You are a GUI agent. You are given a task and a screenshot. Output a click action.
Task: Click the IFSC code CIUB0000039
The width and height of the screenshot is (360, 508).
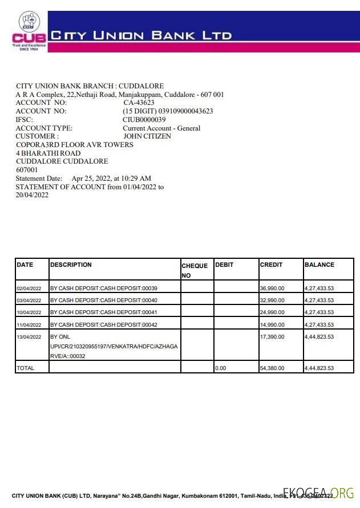coord(144,120)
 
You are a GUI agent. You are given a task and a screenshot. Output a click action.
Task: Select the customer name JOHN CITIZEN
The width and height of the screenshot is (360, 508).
coord(147,136)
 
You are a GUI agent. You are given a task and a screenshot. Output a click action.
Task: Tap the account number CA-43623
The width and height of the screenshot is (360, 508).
coord(139,103)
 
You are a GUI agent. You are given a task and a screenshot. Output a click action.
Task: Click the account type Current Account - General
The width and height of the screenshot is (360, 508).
coord(161,128)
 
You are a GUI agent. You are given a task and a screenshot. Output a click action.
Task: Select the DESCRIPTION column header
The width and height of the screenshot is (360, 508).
coord(71,265)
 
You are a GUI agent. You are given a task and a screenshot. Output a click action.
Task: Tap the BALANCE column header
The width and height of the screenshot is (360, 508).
coord(319,265)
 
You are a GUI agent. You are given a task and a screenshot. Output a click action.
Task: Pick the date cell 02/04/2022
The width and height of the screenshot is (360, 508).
coord(29,288)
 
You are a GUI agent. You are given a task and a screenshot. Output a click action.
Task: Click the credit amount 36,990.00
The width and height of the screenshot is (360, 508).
coord(272,288)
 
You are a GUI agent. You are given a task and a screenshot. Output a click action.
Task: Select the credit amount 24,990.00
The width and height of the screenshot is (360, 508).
coord(272,312)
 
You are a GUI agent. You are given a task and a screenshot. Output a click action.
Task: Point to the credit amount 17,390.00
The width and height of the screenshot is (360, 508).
coord(272,337)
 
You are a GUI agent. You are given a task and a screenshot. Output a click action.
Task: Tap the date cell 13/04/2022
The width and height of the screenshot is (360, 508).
coord(29,337)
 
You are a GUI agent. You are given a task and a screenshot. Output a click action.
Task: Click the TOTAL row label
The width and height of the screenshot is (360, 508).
coord(25,368)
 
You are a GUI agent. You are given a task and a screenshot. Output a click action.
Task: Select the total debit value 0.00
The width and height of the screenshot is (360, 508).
coord(220,368)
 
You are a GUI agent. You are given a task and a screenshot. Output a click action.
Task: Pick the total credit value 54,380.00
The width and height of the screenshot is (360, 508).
coord(272,368)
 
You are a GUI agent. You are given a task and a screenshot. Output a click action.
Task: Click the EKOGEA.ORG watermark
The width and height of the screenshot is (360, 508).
coord(319,493)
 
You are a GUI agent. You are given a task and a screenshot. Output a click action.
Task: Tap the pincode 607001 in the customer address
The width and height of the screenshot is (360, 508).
coord(27,170)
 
